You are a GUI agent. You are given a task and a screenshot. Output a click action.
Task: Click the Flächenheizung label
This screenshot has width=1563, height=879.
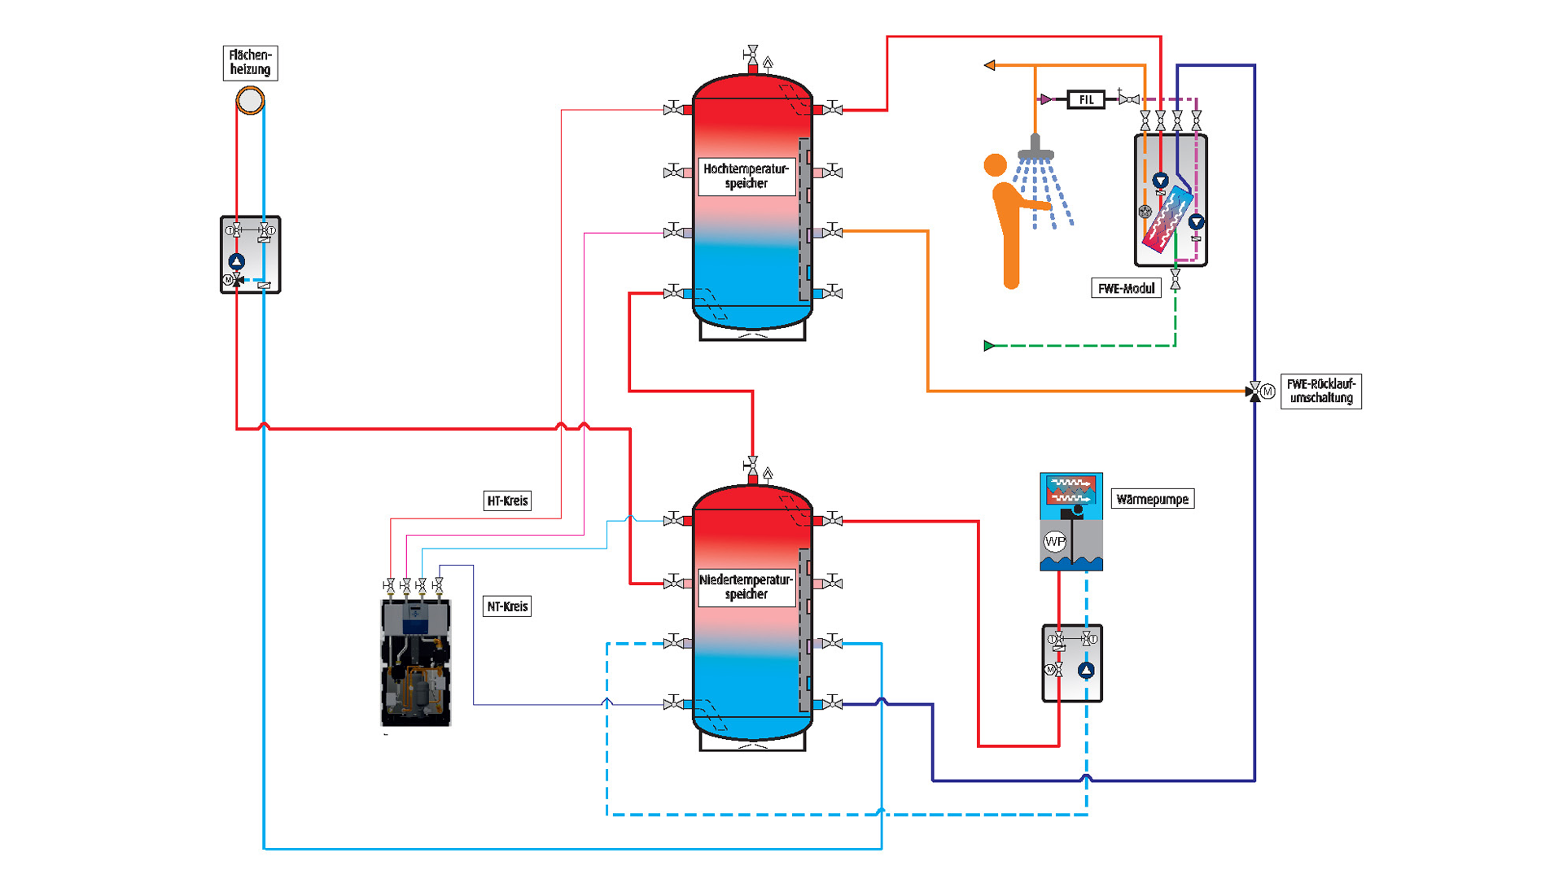coord(250,63)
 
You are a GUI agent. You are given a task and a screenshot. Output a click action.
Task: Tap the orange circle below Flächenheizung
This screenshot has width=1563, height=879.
coord(250,100)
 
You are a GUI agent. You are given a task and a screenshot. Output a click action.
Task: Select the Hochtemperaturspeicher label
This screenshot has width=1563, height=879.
coord(746,176)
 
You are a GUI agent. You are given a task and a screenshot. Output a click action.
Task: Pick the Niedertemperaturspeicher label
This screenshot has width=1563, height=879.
coord(746,587)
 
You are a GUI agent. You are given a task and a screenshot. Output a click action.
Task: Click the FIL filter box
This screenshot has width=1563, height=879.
coord(1086,99)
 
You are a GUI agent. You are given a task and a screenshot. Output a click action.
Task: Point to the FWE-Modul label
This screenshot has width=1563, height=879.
coord(1126,288)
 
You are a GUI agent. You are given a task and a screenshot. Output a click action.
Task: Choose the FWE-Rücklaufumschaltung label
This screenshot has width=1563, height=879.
coord(1320,391)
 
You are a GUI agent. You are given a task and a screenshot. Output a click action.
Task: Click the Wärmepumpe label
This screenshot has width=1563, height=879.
coord(1152,499)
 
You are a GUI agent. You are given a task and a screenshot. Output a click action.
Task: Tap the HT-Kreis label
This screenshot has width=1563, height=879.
coord(507,501)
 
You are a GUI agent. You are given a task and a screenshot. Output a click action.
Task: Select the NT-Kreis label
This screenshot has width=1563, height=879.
coord(507,606)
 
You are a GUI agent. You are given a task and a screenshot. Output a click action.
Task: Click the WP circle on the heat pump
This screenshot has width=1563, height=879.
coord(1054,540)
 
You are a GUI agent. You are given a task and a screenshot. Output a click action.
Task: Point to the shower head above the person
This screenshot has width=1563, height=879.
coord(1035,151)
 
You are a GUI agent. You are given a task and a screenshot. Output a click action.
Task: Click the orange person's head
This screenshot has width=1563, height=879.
coord(995,165)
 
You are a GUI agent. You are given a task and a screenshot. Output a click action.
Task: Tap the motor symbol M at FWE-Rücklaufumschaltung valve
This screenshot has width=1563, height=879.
coord(1267,391)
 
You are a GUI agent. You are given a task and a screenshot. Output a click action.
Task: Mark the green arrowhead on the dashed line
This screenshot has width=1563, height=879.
coord(989,346)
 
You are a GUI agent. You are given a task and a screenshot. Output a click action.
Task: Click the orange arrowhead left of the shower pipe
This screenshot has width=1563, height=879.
coord(989,65)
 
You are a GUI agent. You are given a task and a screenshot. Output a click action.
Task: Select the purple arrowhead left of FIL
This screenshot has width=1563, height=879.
coord(1045,99)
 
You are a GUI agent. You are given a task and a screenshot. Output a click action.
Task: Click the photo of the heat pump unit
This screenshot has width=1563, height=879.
coord(415,663)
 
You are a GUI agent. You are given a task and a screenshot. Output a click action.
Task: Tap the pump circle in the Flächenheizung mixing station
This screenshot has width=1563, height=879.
coord(236,261)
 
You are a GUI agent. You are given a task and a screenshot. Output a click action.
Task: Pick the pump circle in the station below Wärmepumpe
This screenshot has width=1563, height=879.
coord(1086,670)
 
